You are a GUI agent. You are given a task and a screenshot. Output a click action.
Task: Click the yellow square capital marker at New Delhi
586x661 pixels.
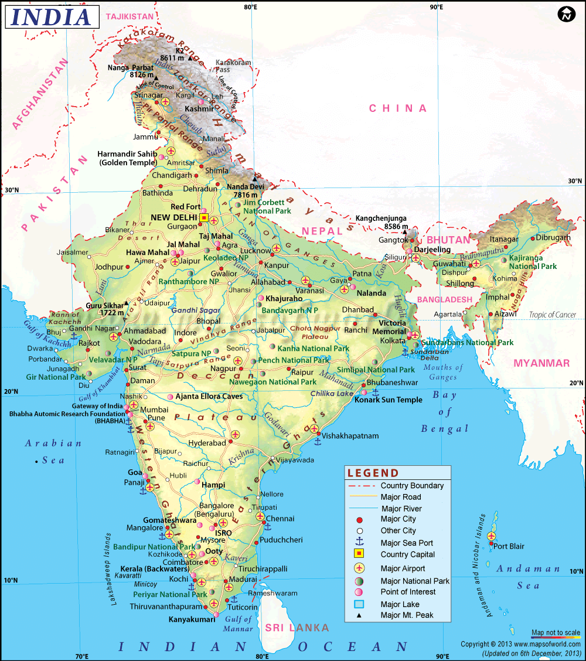[x=204, y=217]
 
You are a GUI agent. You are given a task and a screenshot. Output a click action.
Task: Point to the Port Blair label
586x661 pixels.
[x=508, y=546]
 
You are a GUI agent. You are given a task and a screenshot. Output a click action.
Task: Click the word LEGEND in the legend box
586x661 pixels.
[x=373, y=473]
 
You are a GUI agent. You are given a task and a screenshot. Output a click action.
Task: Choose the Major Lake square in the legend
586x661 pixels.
[x=359, y=604]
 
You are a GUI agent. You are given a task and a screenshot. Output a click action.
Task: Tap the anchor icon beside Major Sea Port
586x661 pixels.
[x=359, y=543]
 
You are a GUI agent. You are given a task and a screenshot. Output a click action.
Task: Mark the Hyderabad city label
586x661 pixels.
[x=207, y=443]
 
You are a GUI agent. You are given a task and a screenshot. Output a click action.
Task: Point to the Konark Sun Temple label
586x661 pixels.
[x=392, y=400]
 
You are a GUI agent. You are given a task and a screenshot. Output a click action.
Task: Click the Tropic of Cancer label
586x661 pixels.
[x=553, y=315]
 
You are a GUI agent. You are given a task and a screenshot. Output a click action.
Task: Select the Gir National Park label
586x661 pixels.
[x=56, y=377]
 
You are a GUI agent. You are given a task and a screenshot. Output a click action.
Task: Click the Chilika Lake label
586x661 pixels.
[x=332, y=393]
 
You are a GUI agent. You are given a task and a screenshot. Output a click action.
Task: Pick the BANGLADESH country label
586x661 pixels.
[x=444, y=299]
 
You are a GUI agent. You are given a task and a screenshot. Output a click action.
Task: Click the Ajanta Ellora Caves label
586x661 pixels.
[x=209, y=397]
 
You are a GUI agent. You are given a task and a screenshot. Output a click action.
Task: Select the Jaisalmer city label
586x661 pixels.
[x=72, y=253]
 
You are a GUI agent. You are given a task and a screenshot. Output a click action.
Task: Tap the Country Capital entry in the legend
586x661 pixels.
[x=407, y=554]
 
